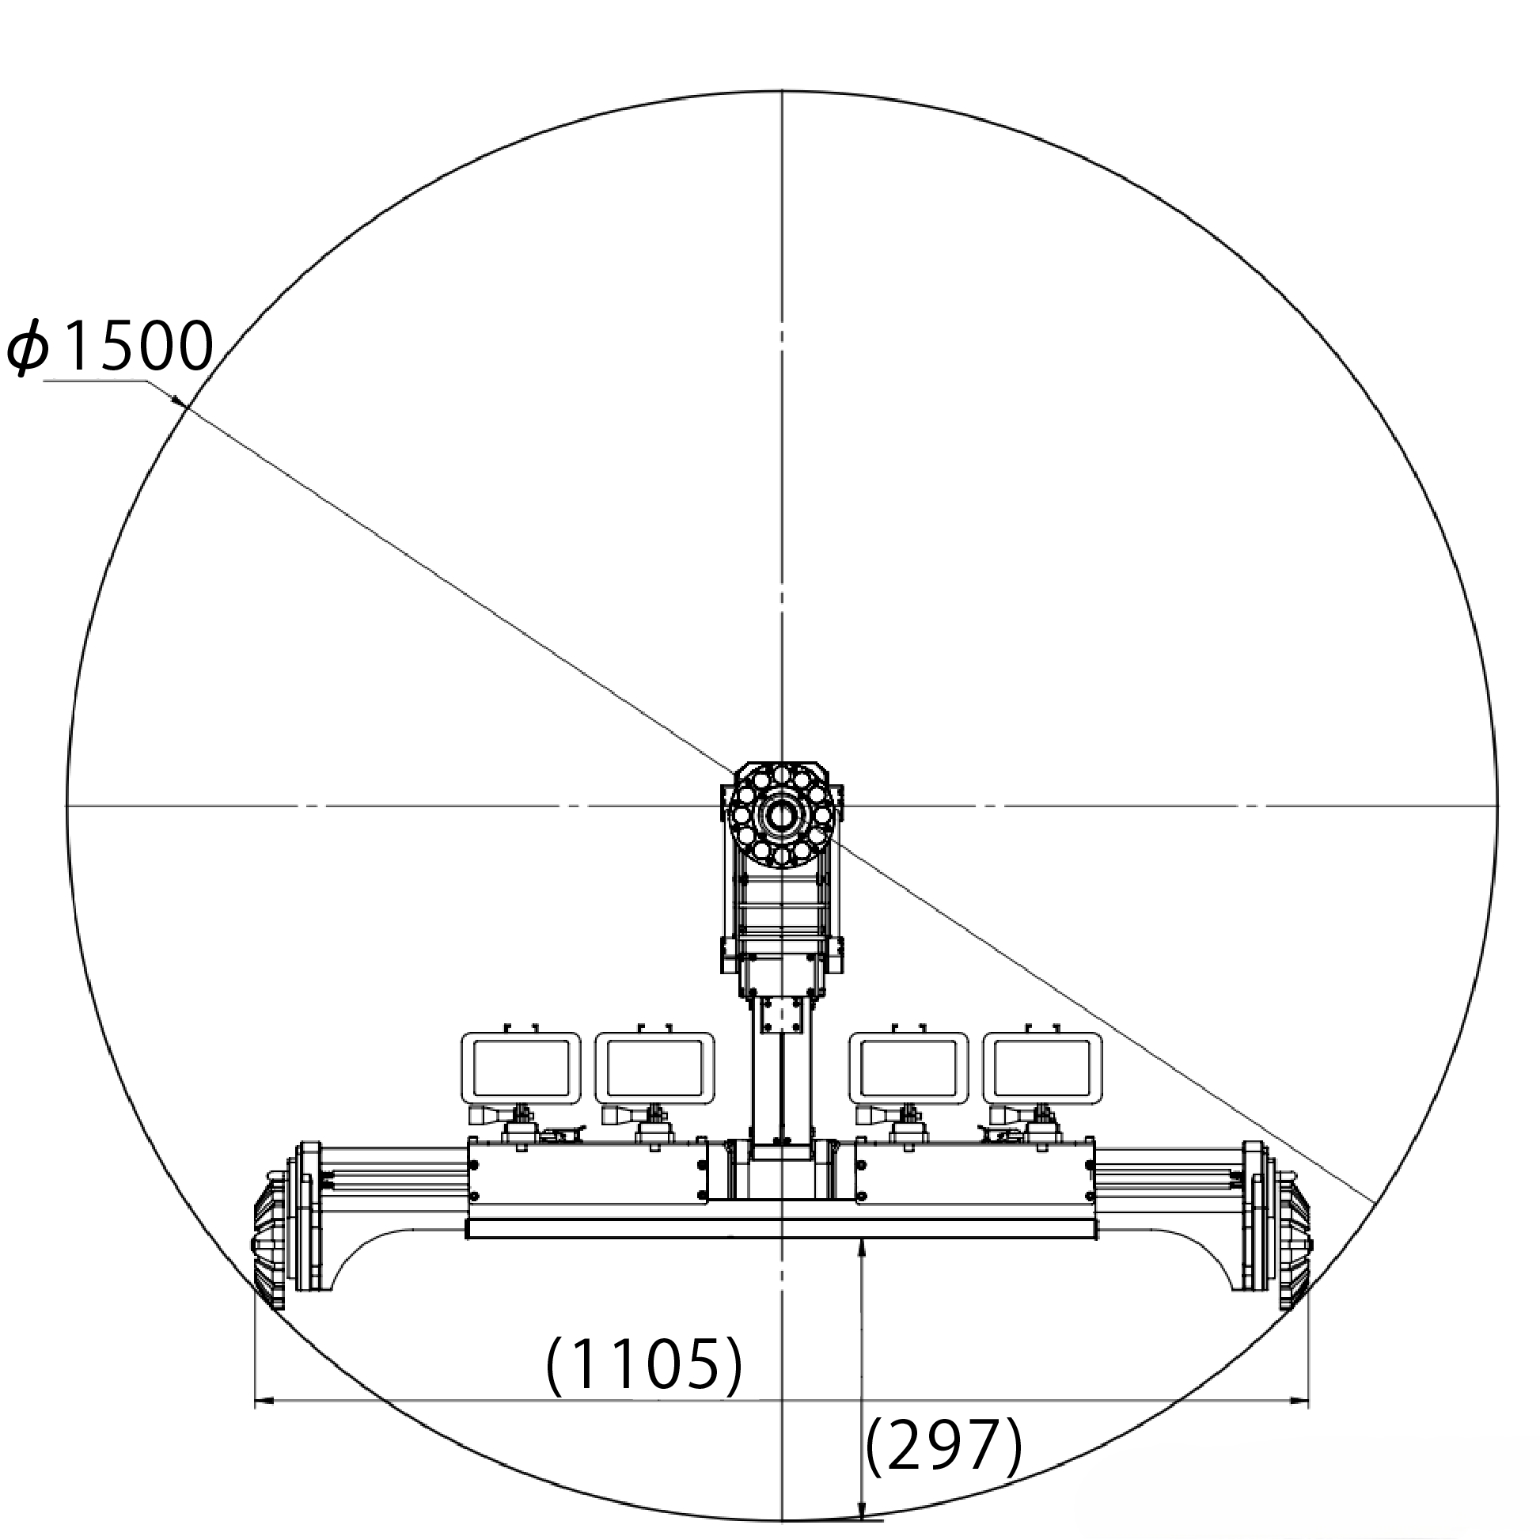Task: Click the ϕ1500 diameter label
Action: point(110,347)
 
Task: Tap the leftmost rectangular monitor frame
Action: point(522,1069)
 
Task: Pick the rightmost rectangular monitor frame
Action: point(1042,1069)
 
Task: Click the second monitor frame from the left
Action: point(654,1069)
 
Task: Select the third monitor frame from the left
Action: point(908,1069)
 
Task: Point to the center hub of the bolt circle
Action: point(782,815)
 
